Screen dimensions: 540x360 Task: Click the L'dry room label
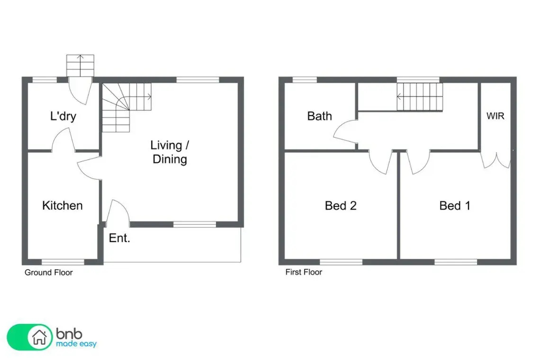(x=63, y=116)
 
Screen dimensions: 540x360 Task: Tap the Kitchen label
(x=63, y=205)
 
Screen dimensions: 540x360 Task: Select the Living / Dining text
(x=170, y=152)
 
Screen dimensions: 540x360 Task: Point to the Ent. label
(x=119, y=238)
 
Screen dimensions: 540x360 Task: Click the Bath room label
(x=320, y=116)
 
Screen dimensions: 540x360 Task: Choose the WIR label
(x=495, y=116)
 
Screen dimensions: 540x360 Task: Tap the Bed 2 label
(x=341, y=206)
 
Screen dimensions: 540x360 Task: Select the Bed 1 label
(x=455, y=206)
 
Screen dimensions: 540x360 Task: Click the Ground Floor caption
(x=49, y=272)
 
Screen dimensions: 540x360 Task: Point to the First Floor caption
(x=304, y=272)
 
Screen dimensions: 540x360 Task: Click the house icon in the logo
(x=39, y=337)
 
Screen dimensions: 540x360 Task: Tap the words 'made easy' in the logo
(x=76, y=344)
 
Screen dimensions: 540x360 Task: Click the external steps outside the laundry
(x=80, y=65)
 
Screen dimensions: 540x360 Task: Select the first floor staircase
(x=420, y=97)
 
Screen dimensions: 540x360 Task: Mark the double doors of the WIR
(x=495, y=160)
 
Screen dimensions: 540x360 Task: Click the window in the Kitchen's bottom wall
(x=63, y=262)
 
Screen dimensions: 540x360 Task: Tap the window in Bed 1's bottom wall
(x=456, y=262)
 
